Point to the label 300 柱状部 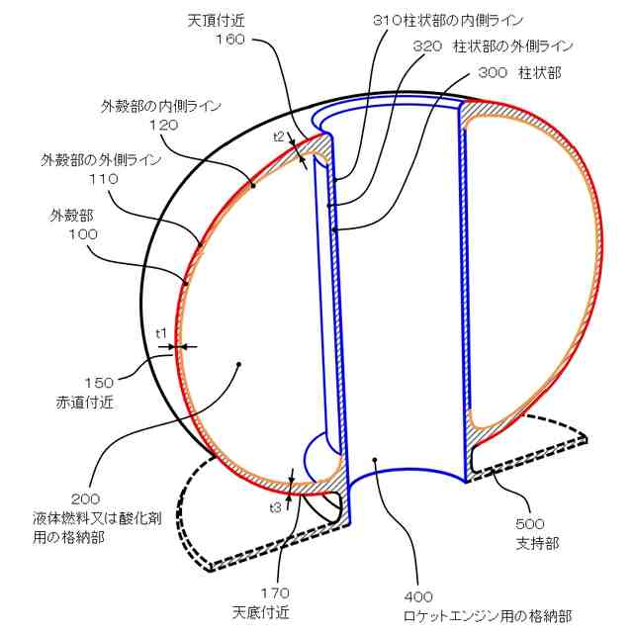tap(517, 72)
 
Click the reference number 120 tap(164, 125)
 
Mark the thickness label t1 tap(161, 332)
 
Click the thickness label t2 tap(279, 136)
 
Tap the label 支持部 tap(532, 543)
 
